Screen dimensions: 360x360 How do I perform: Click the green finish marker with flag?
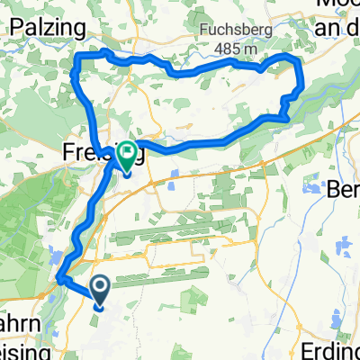[x=125, y=157]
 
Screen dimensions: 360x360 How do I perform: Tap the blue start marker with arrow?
[x=99, y=291]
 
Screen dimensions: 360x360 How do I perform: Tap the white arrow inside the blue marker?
[x=99, y=287]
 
